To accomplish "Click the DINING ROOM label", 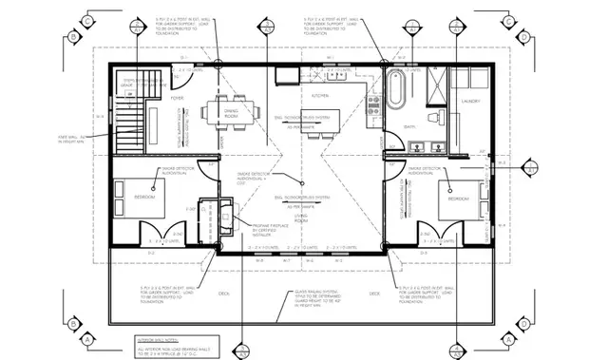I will tap(231, 112).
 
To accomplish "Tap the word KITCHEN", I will tap(320, 96).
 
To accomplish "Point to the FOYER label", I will tap(177, 97).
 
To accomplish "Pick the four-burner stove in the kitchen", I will tap(372, 99).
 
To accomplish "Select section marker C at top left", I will tap(87, 20).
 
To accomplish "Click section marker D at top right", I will tap(523, 37).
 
